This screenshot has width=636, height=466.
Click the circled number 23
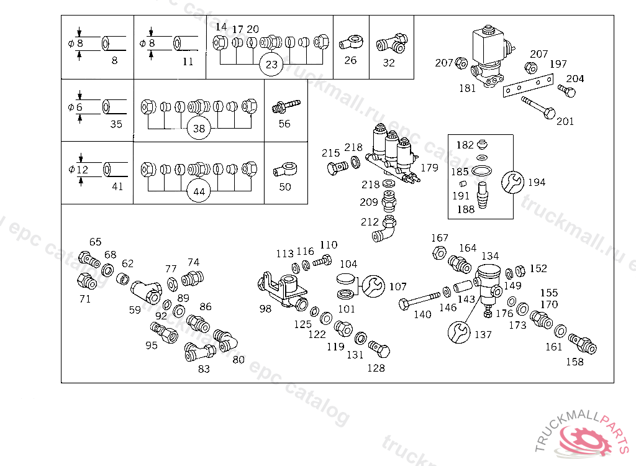(271, 64)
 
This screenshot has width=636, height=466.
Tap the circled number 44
(199, 191)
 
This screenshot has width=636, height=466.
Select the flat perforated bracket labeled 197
(527, 85)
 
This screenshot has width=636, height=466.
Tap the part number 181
(467, 88)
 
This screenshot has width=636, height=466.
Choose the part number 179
(429, 168)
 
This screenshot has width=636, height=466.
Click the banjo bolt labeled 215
(336, 168)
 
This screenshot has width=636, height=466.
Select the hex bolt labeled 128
(379, 350)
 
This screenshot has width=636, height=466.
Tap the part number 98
(265, 309)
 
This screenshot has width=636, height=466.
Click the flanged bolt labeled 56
(285, 106)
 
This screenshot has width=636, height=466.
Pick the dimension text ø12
(78, 170)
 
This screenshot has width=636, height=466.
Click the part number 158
(575, 362)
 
